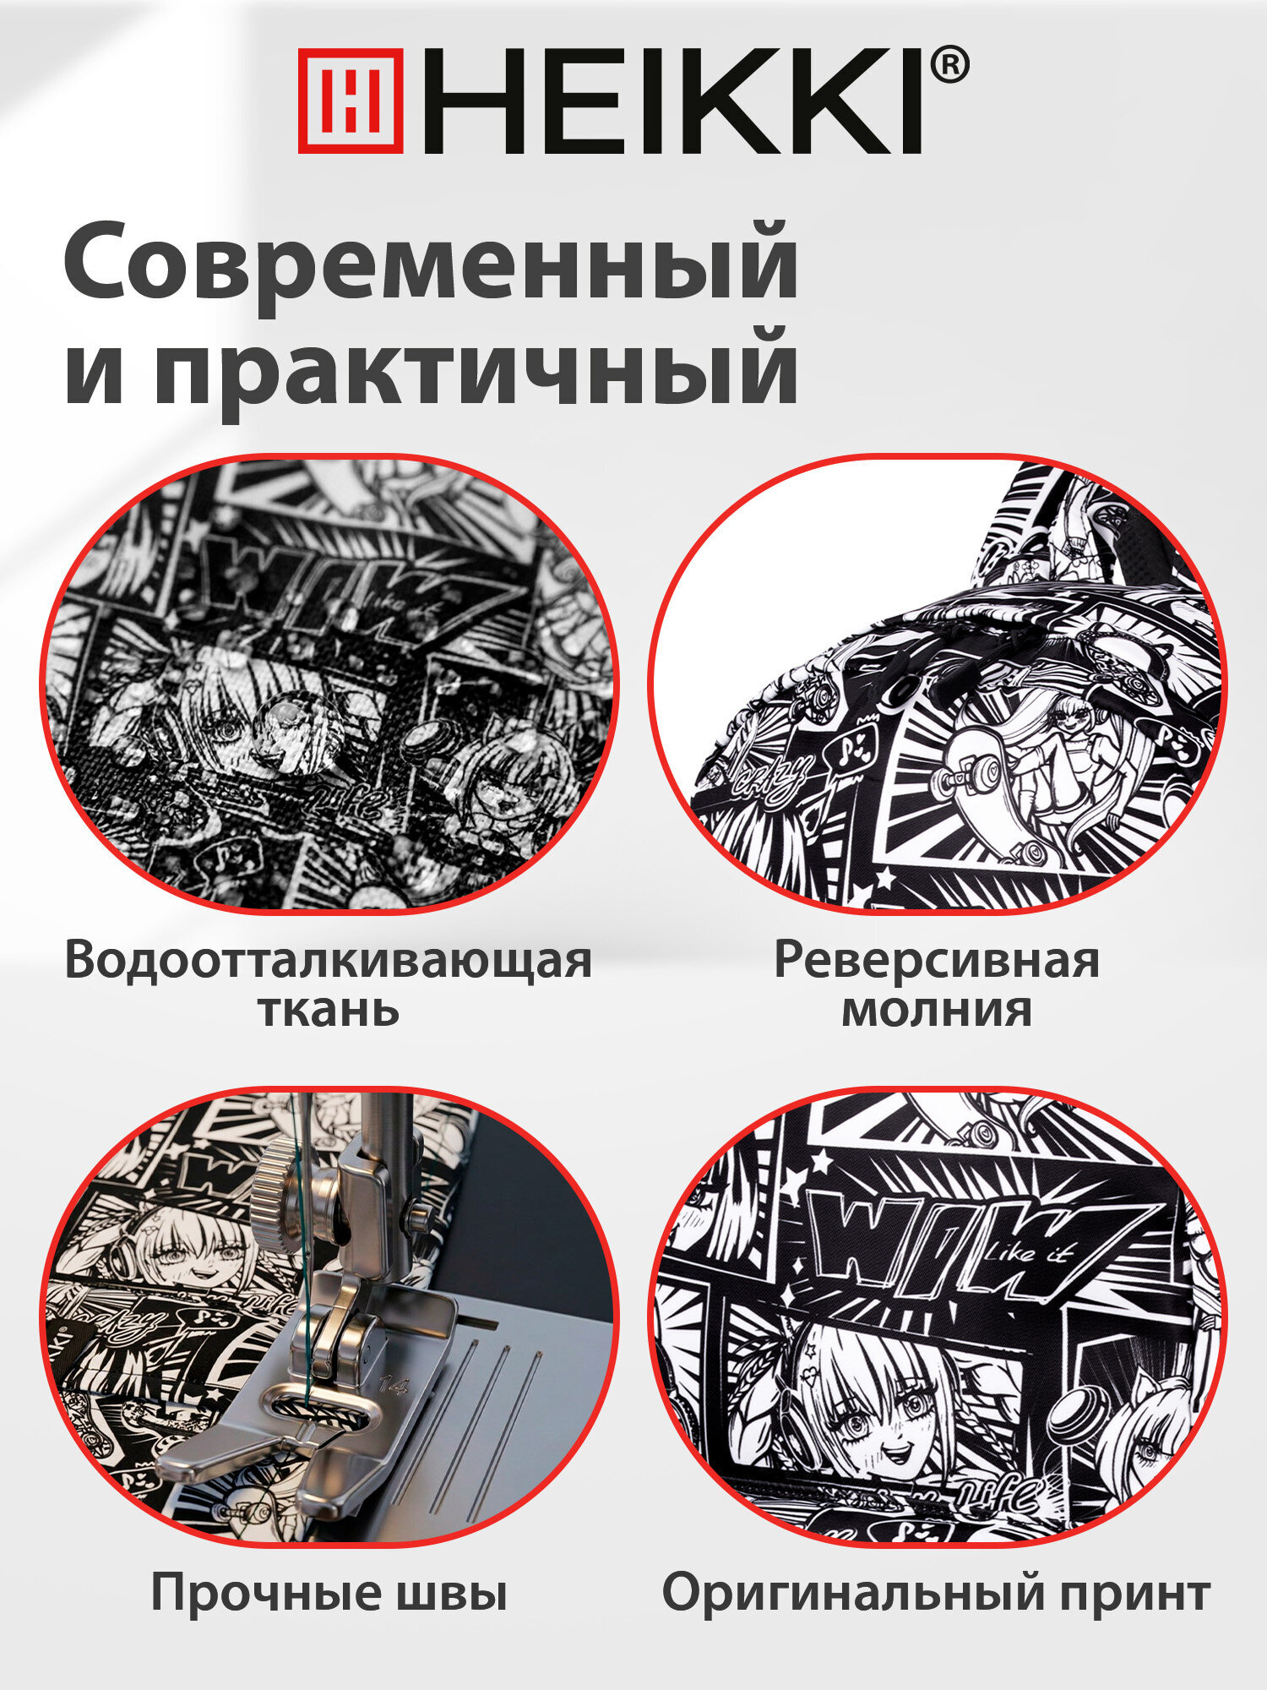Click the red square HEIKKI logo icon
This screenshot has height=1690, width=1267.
point(351,101)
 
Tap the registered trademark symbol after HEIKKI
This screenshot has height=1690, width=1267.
point(949,66)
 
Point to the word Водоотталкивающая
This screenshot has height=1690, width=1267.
point(328,962)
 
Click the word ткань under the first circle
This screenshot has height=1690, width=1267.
point(328,1010)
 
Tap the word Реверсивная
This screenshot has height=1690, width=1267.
point(936,962)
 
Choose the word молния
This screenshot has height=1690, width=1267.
point(936,1011)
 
